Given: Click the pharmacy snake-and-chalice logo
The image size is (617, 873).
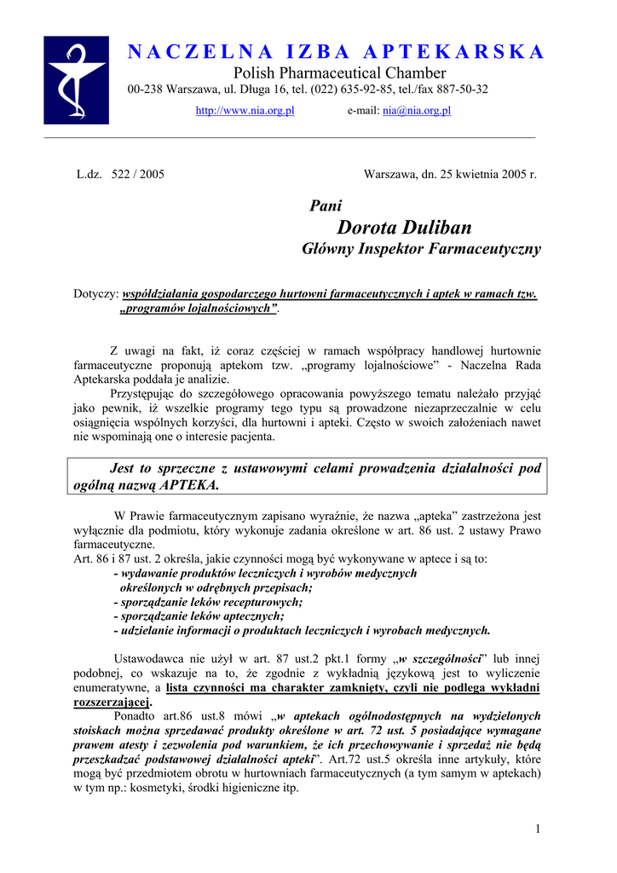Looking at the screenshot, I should (x=76, y=80).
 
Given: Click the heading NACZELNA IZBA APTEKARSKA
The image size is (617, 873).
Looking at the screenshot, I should (x=336, y=52).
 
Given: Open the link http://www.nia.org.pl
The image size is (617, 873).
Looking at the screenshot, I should (x=245, y=111).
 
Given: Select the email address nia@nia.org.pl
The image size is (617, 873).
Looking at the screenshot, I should (x=417, y=111).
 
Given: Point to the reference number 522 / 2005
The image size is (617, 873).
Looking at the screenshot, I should (x=138, y=174).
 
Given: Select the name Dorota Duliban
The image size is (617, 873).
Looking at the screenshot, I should (x=404, y=228).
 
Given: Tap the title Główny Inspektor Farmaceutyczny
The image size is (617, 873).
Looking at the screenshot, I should (x=421, y=250).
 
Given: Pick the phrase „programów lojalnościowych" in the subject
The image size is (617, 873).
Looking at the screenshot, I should (x=199, y=309).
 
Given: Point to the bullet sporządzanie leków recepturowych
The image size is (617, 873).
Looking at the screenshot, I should (x=207, y=602).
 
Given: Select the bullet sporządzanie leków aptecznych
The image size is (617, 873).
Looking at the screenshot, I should (x=199, y=616).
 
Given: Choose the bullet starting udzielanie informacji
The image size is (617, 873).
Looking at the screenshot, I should (x=302, y=631).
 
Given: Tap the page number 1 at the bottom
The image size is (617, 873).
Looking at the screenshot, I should (x=539, y=830).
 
